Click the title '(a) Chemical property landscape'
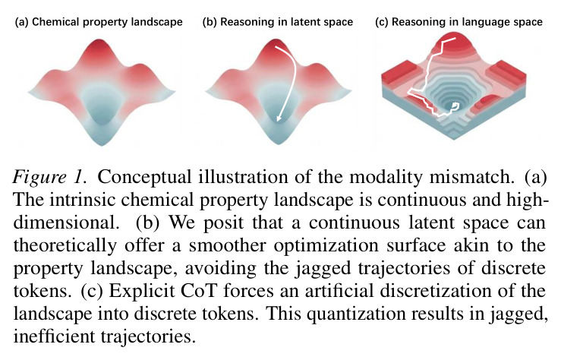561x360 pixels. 99,22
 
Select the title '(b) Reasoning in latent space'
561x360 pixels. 278,22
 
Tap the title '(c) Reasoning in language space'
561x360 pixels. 459,22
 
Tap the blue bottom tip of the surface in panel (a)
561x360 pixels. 102,144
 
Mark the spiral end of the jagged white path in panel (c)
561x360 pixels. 455,105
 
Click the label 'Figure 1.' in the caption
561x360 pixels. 50,177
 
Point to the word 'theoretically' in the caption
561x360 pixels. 65,246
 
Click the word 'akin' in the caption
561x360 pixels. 471,245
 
